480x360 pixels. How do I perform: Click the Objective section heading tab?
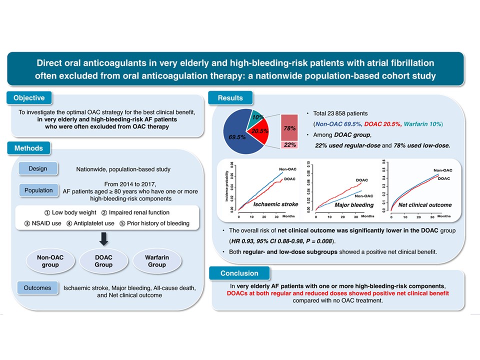coord(29,98)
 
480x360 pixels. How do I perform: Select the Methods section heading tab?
coord(29,148)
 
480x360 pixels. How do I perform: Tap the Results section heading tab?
coord(230,98)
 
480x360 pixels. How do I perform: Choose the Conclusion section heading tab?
coord(239,273)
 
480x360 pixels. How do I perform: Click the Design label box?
coord(38,169)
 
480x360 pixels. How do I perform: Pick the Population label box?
coord(38,190)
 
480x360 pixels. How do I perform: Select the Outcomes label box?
coord(38,288)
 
